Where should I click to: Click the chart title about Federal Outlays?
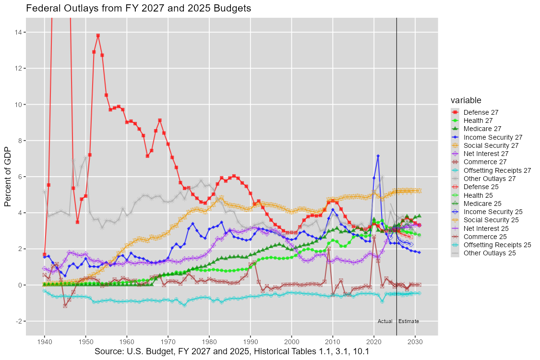[x=138, y=9]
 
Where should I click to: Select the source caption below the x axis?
[x=232, y=351]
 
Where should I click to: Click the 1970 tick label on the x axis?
[x=168, y=341]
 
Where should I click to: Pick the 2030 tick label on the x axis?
[x=415, y=341]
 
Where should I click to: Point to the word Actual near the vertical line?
[x=385, y=321]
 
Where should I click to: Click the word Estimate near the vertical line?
[x=408, y=321]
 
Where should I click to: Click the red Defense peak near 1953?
[x=98, y=36]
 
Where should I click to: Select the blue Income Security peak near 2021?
[x=378, y=156]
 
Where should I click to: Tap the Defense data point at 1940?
[x=45, y=254]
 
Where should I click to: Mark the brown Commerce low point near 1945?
[x=65, y=306]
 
